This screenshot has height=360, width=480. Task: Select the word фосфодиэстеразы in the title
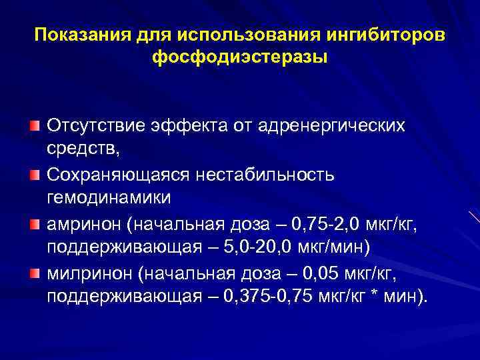pos(240,58)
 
